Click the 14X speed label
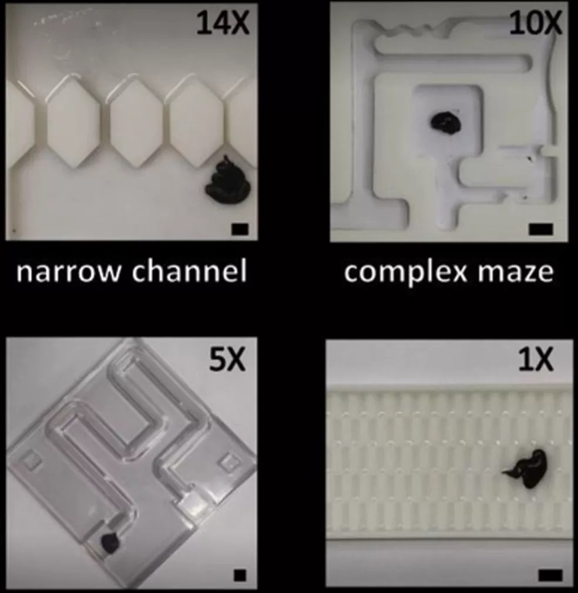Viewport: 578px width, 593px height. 223,23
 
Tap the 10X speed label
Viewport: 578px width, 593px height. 535,23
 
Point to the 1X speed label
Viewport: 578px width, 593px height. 536,360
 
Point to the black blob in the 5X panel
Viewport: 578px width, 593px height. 110,543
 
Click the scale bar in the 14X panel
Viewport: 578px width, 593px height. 240,229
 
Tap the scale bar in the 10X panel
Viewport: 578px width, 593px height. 541,229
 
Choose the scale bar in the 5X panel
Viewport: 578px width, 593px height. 240,575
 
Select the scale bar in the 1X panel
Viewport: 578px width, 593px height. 550,575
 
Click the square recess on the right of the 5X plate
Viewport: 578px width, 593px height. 228,462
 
